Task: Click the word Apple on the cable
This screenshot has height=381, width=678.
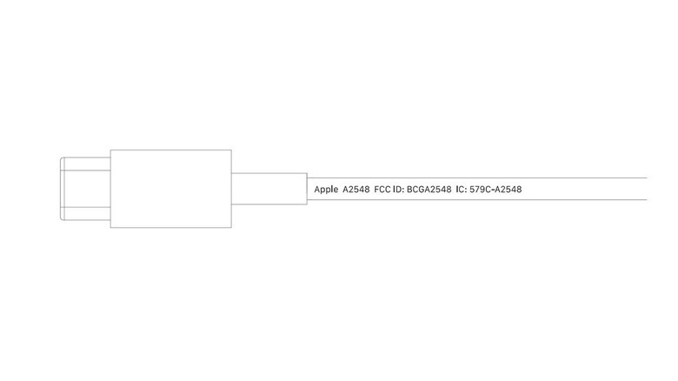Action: pos(326,190)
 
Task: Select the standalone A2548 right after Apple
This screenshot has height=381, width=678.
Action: pos(356,190)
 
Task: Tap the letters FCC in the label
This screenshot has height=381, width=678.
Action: pos(382,190)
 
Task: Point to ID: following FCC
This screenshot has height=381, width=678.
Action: pos(398,190)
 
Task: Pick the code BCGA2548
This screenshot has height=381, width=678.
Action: pos(429,190)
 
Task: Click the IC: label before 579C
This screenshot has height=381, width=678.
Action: pos(461,190)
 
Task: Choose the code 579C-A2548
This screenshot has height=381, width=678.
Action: pos(495,190)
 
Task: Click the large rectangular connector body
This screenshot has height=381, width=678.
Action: pos(170,189)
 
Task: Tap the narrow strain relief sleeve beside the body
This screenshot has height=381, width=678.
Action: pos(269,189)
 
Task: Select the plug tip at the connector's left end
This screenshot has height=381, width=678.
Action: pos(85,189)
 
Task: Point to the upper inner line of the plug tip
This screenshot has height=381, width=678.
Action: pos(85,170)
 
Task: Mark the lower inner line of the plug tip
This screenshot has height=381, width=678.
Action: pos(85,207)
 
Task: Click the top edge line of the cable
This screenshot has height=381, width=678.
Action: pos(477,177)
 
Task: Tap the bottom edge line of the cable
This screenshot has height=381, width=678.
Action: pos(477,200)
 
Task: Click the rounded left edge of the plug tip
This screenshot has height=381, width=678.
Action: pos(60,189)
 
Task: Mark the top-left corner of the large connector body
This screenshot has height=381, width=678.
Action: pos(110,150)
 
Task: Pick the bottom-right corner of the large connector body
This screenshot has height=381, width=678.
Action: pos(232,228)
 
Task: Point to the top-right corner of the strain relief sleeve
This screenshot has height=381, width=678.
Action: pos(308,173)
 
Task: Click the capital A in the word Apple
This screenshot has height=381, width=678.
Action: pos(317,190)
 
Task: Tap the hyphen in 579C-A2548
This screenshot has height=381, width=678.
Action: pos(493,190)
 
